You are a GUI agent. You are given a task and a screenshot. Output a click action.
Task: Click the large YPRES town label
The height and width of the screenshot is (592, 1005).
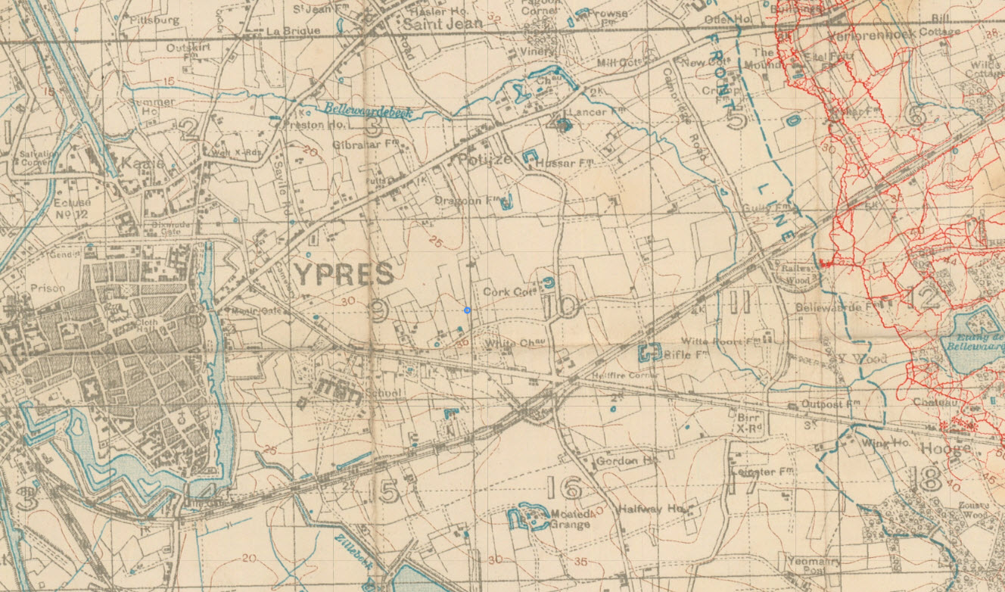click(344, 274)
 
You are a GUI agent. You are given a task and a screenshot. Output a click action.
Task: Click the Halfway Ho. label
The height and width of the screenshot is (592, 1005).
click(651, 509)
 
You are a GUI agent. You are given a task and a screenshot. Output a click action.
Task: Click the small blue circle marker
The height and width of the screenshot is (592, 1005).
click(468, 310)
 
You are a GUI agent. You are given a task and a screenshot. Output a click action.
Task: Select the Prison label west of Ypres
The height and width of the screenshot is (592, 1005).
click(48, 288)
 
